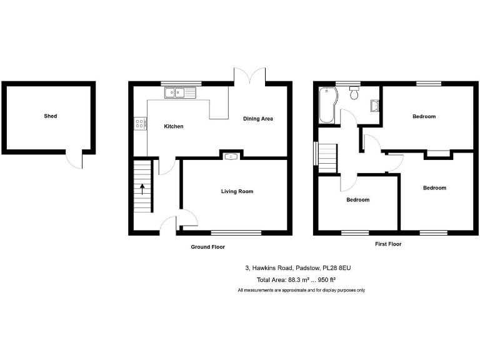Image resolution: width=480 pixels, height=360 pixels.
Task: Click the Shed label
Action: point(51,116)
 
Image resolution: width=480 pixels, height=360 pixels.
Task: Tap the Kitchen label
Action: point(173,127)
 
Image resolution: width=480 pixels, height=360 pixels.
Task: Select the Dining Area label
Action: point(258,119)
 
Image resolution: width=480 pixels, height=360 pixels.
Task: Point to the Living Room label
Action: point(237,191)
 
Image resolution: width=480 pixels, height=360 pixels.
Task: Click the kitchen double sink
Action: point(180,93)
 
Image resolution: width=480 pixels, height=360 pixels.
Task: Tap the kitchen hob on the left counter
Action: point(140,124)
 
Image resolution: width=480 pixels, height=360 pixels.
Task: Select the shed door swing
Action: point(75,159)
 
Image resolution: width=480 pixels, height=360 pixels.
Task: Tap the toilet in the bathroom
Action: point(354,93)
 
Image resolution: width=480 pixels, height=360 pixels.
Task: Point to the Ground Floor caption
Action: point(207,247)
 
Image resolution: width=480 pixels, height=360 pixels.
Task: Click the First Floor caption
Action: point(387,244)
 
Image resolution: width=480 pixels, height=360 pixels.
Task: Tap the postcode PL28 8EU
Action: point(336,267)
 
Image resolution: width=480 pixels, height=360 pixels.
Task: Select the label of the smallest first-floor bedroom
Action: point(357,200)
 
